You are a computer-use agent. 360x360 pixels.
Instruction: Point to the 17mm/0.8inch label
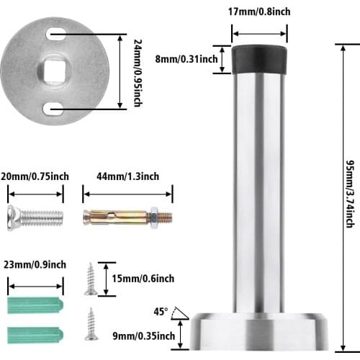point(259,12)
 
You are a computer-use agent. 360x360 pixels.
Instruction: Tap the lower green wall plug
point(35,333)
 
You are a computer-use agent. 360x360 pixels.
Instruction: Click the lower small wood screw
point(91,324)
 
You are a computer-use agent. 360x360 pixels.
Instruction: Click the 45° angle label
point(160,312)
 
